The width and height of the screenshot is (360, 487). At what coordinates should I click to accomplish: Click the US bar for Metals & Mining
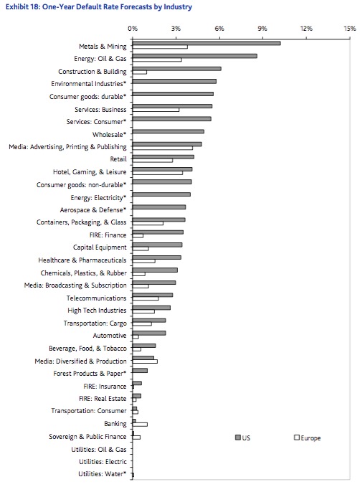(x=207, y=43)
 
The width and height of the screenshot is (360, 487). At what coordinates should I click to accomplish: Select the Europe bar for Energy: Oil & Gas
(x=157, y=60)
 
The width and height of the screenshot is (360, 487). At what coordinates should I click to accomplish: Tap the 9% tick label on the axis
(x=262, y=29)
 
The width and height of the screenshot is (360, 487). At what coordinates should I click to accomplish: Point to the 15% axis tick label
(x=350, y=29)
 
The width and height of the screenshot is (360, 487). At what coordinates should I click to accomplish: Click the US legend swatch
(x=238, y=438)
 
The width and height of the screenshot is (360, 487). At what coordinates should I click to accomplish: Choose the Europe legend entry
(x=308, y=438)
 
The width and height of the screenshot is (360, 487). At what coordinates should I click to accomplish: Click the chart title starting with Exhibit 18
(x=99, y=7)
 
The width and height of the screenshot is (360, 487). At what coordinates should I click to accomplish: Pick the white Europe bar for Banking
(x=140, y=425)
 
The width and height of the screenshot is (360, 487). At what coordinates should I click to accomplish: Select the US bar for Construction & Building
(x=176, y=69)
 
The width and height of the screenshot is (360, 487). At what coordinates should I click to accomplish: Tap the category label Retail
(x=118, y=159)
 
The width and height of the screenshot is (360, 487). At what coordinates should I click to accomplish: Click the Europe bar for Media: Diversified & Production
(x=145, y=361)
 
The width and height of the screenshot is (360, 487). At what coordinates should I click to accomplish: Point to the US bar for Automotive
(x=149, y=333)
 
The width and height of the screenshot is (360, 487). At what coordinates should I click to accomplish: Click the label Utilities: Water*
(x=103, y=474)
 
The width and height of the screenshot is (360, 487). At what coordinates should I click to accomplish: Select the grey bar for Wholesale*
(x=169, y=132)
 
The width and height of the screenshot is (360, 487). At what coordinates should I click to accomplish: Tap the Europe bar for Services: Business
(x=156, y=110)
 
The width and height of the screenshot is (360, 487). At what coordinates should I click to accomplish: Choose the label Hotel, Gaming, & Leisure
(x=90, y=172)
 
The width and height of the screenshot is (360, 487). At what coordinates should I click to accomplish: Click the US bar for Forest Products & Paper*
(x=140, y=371)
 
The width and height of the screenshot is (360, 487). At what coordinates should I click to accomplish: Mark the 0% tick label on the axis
(x=133, y=29)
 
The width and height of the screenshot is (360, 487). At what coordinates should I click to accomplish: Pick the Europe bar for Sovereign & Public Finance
(x=136, y=438)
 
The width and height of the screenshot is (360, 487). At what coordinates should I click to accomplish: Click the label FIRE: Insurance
(x=105, y=387)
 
